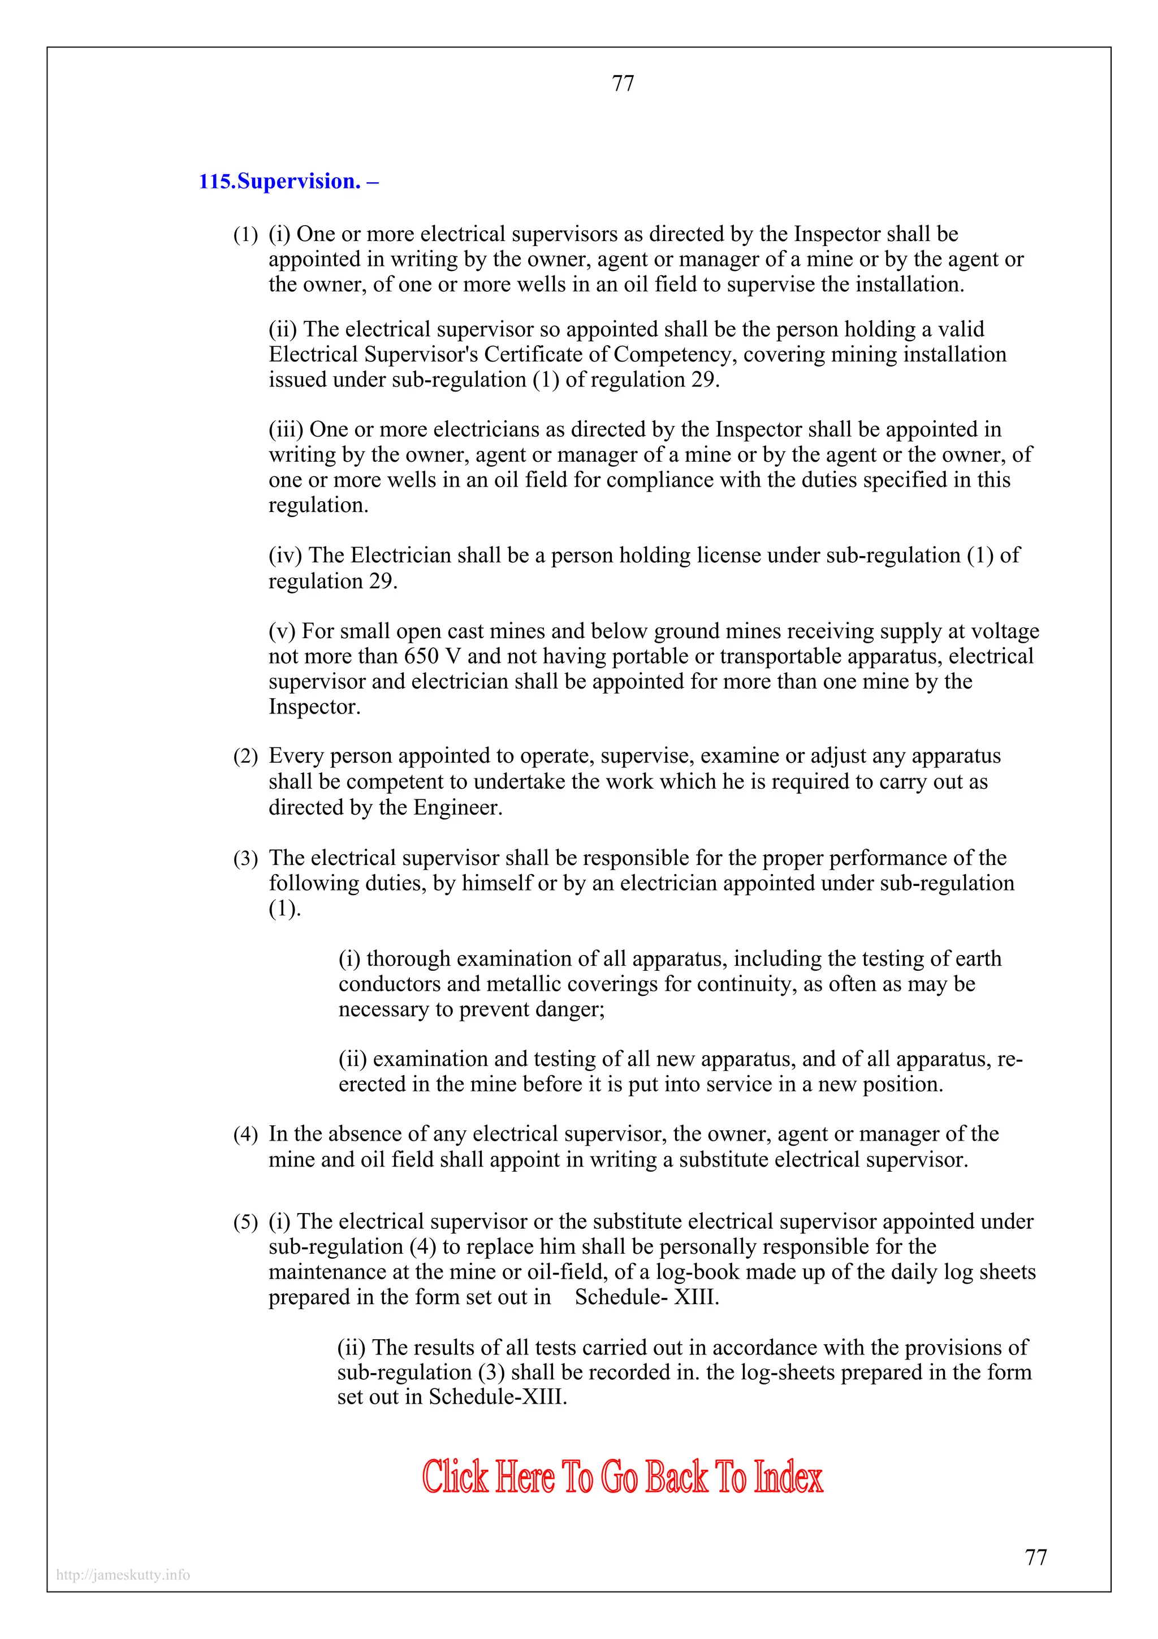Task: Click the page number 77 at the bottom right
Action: (x=1035, y=1557)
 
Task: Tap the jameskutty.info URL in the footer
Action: (x=123, y=1575)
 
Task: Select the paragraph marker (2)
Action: (x=245, y=756)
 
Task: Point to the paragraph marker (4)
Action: (x=245, y=1135)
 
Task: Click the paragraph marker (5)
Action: (x=245, y=1222)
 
